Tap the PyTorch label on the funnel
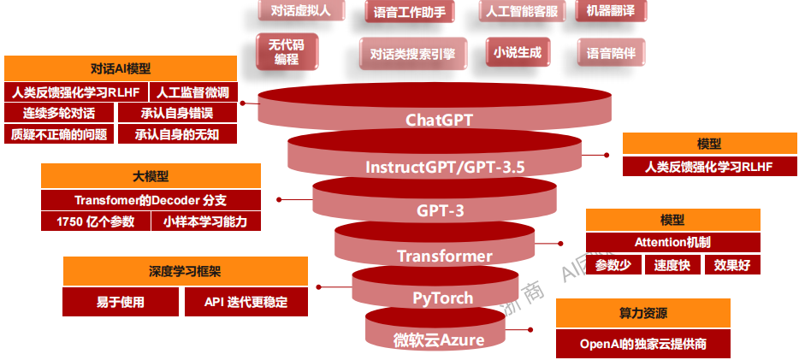pos(442,298)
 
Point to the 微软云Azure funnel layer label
pos(439,339)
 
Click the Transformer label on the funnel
pos(445,256)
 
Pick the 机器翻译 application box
pos(610,10)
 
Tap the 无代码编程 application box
pos(287,52)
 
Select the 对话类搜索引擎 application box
pos(412,54)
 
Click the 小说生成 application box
pos(518,52)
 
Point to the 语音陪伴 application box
pos(611,53)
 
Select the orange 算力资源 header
pos(643,313)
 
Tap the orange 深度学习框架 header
pos(185,271)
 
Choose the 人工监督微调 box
pos(192,92)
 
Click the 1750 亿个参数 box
pos(94,221)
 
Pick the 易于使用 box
pos(121,302)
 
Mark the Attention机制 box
pos(672,242)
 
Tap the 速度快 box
pos(672,264)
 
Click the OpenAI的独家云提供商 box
pos(643,345)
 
